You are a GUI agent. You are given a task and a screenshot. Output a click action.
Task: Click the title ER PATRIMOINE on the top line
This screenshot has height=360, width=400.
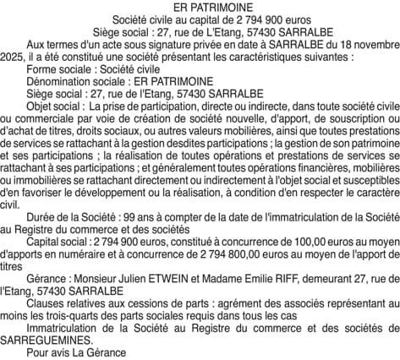200,6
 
